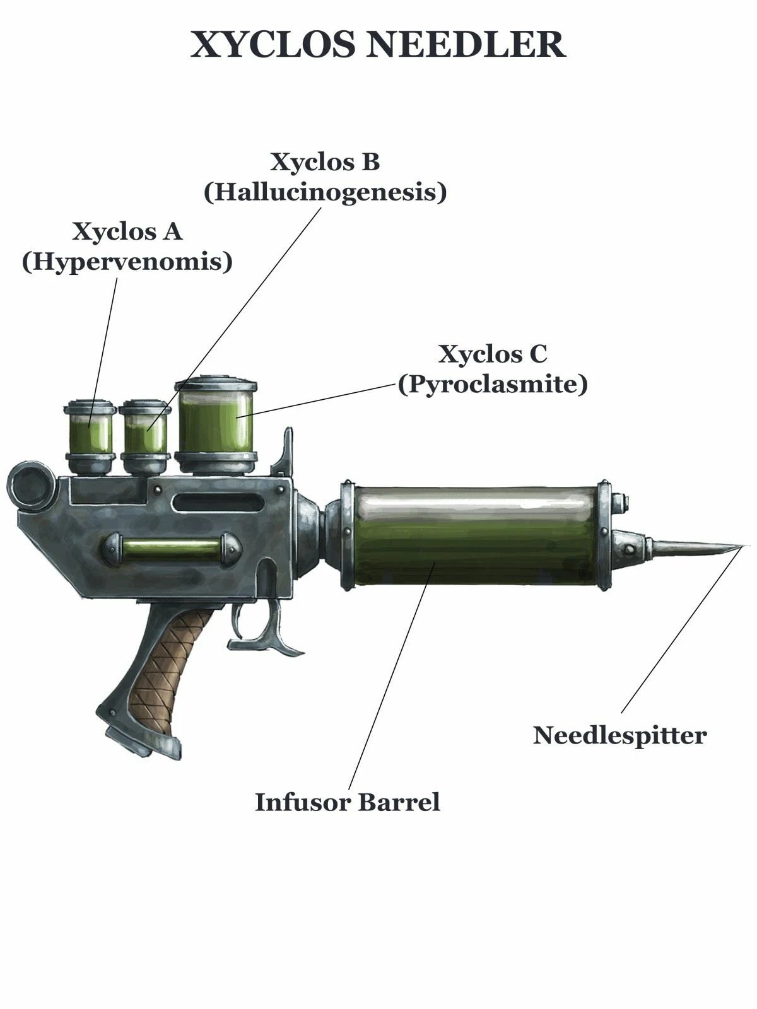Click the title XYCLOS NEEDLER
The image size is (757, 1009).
[378, 45]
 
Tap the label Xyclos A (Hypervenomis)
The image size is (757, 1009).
[127, 247]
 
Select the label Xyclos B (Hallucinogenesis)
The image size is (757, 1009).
[325, 177]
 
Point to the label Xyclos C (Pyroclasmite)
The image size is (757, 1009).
[492, 369]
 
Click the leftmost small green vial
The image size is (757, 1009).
[89, 436]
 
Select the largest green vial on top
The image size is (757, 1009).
[216, 425]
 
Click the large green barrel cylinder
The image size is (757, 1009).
[475, 535]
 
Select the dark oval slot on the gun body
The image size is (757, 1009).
[218, 503]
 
